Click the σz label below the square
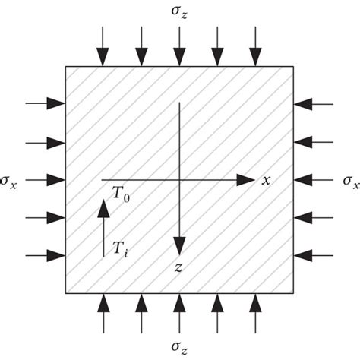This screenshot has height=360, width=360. click(179, 347)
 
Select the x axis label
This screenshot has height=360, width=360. click(267, 180)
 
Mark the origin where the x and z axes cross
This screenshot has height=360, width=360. click(179, 180)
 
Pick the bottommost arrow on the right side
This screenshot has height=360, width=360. click(313, 256)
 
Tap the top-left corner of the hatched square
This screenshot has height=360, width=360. click(65, 66)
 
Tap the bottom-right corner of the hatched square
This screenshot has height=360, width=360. click(294, 293)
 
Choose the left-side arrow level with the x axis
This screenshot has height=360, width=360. click(45, 180)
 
